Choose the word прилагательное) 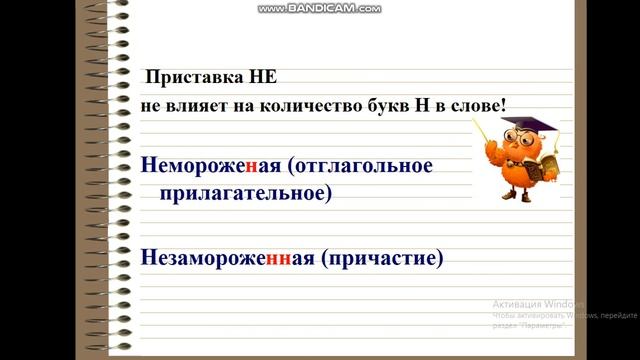pyautogui.click(x=245, y=193)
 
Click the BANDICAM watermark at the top pyautogui.click(x=319, y=8)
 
